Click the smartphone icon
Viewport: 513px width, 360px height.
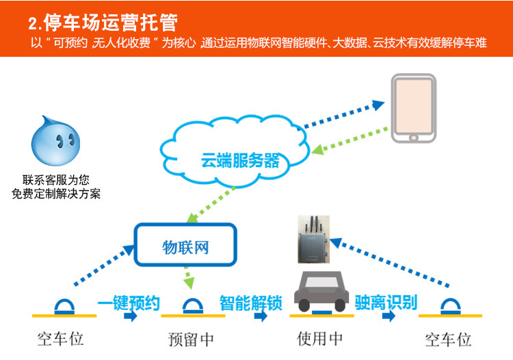(x=414, y=108)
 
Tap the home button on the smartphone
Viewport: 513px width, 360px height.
(x=414, y=138)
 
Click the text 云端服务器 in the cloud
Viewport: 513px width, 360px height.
(x=241, y=160)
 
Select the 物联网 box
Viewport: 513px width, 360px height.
(x=185, y=244)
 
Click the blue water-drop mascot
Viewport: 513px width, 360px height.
(x=55, y=141)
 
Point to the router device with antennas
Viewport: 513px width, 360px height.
(x=313, y=240)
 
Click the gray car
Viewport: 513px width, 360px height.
(x=321, y=292)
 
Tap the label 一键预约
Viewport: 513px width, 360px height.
(x=129, y=303)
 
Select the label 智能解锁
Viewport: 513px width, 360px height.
(x=251, y=303)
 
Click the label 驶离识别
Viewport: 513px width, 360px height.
(x=386, y=302)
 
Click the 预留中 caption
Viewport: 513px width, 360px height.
(x=191, y=339)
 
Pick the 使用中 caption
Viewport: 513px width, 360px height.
(x=319, y=338)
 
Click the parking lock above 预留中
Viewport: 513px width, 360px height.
(x=193, y=307)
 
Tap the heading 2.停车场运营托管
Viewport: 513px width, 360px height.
(x=103, y=23)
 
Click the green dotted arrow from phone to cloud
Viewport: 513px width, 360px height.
(x=350, y=141)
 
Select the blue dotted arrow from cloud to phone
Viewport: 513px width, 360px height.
(x=343, y=114)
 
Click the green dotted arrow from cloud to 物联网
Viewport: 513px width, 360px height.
(x=211, y=205)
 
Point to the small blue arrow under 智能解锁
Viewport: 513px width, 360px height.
(x=261, y=316)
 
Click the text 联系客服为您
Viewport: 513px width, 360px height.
(x=56, y=180)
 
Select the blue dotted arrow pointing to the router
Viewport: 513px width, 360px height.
(x=389, y=263)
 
